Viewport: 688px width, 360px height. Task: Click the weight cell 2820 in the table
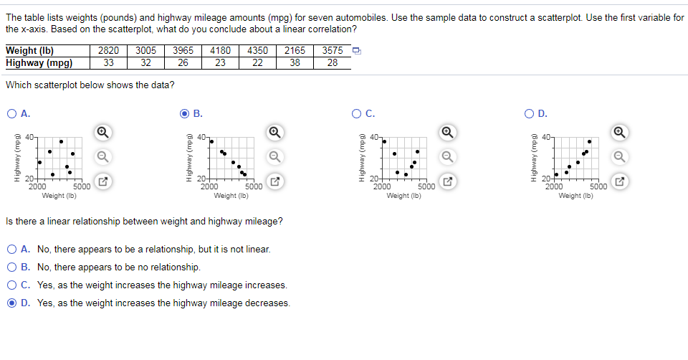(108, 51)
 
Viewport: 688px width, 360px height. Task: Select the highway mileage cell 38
(295, 62)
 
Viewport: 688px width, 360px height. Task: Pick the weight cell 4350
(257, 51)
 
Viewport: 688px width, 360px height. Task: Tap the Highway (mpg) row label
(39, 62)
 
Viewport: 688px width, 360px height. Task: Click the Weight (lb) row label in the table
(30, 51)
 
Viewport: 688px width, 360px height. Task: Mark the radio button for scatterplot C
(356, 113)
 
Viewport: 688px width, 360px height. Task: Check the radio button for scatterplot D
(528, 113)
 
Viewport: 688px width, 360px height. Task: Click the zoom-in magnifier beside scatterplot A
(102, 131)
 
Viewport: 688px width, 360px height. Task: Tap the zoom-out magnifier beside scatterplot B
(275, 156)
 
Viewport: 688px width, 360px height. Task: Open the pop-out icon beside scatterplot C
(448, 181)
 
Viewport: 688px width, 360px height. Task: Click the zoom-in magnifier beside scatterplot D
(620, 131)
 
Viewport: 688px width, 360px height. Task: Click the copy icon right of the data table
(357, 51)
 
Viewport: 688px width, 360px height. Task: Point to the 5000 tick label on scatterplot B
(253, 186)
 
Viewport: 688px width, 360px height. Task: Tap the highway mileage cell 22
(257, 62)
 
